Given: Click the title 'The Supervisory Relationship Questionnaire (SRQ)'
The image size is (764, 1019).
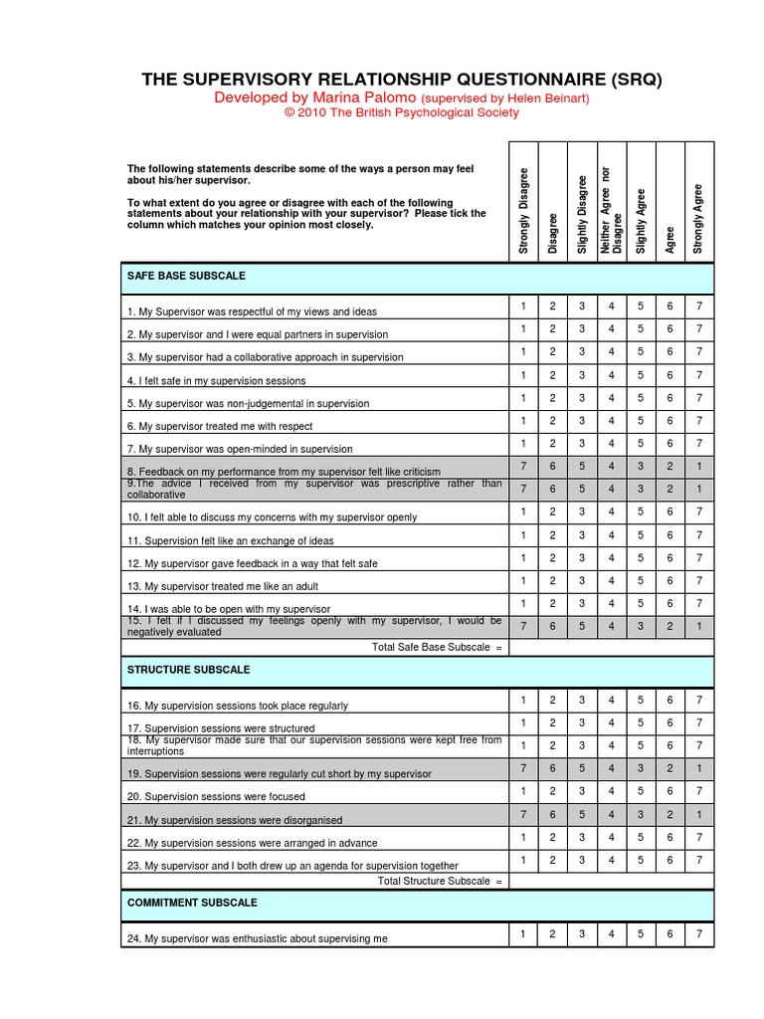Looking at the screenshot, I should point(402,79).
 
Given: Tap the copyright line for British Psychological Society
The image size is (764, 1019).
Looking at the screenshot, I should point(402,113).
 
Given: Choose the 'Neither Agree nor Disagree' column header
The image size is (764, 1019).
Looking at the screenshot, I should point(611,211).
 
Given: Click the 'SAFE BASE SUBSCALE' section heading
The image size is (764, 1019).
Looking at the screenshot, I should point(186,276).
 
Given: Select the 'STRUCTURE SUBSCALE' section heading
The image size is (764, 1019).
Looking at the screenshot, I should point(188,670).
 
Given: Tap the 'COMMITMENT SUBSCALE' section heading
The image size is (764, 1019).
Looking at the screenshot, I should point(192,903).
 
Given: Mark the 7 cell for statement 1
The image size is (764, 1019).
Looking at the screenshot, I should point(699,306).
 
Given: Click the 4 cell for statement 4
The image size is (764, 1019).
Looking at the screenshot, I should point(611,375).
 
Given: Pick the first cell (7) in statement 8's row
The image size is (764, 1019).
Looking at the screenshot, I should point(523,467).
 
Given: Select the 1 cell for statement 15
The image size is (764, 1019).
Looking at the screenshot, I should point(699,626).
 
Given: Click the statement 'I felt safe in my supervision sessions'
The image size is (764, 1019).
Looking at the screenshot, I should point(216,381).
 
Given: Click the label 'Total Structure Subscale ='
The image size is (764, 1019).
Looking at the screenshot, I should point(441,881).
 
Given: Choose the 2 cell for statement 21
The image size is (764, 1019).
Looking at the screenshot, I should point(669,814).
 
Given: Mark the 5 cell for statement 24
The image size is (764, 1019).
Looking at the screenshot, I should point(641,933).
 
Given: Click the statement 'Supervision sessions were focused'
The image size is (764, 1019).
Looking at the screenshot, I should point(216,797).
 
